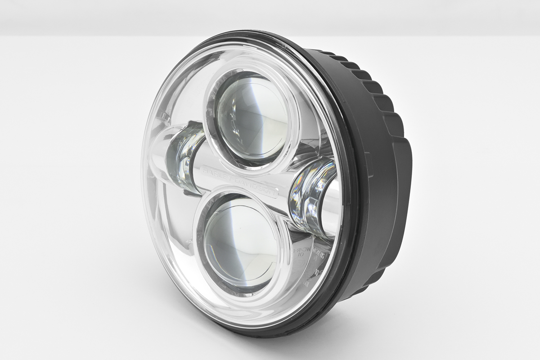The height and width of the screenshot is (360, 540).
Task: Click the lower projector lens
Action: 241,245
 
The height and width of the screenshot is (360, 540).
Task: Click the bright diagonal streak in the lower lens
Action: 234,234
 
